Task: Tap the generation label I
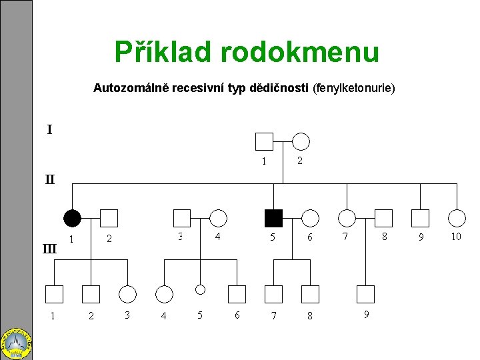tap(49, 130)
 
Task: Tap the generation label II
tap(51, 179)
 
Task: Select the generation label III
tap(49, 249)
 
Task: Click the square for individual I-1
tap(264, 141)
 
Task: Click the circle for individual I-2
tap(301, 141)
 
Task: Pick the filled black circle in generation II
tap(72, 218)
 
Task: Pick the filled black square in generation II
tap(273, 218)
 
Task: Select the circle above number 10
tap(457, 218)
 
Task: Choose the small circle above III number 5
tap(200, 289)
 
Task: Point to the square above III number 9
tap(365, 294)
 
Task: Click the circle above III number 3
tap(127, 294)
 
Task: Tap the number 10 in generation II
tap(456, 237)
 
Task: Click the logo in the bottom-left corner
tap(17, 342)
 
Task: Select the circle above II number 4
tap(218, 218)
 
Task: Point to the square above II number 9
tap(420, 218)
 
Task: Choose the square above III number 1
tap(54, 294)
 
